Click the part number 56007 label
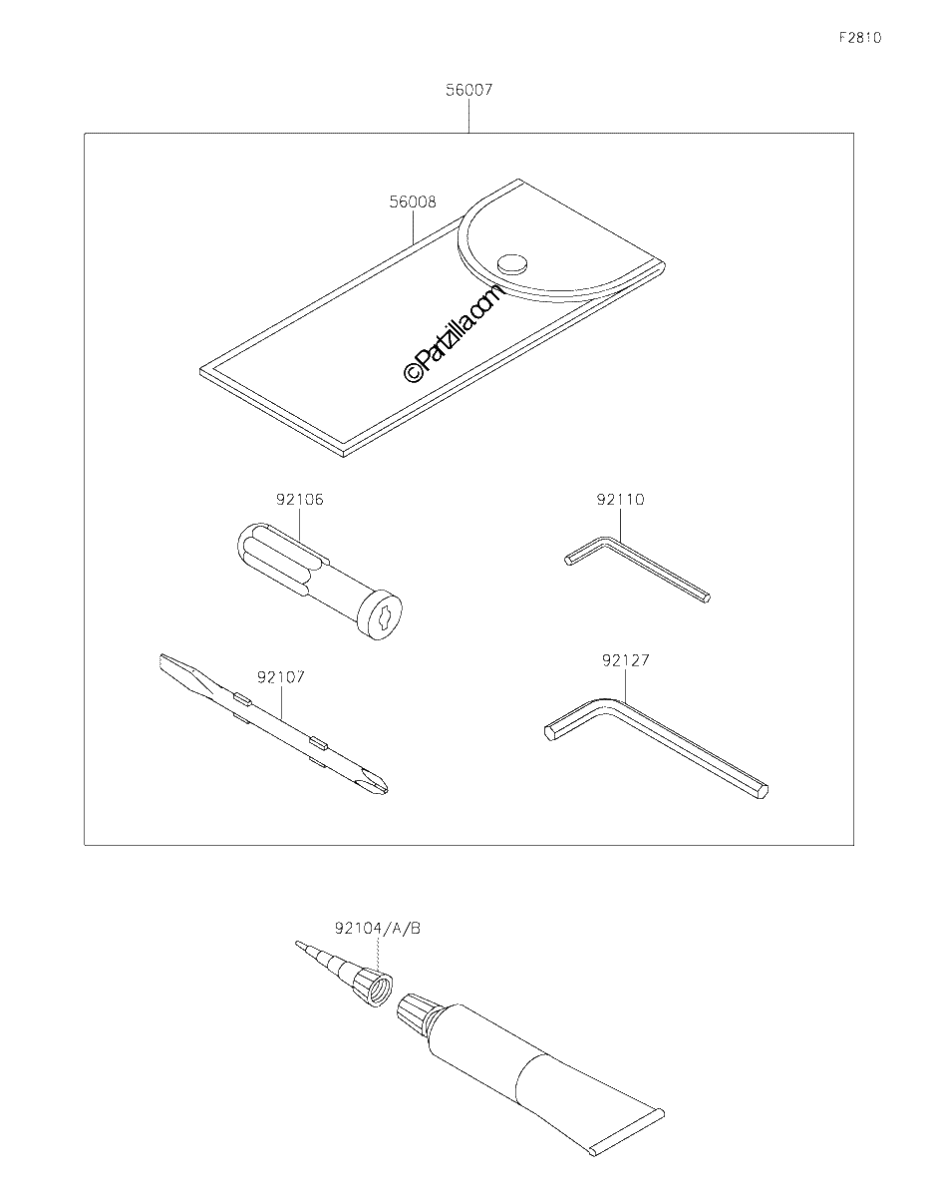point(468,90)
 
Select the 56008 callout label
point(413,202)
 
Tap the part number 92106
point(300,500)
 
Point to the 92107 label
point(281,677)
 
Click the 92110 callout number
point(621,500)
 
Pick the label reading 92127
point(626,660)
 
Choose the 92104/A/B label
point(378,929)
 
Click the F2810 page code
point(860,38)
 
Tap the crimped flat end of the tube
point(626,1121)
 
